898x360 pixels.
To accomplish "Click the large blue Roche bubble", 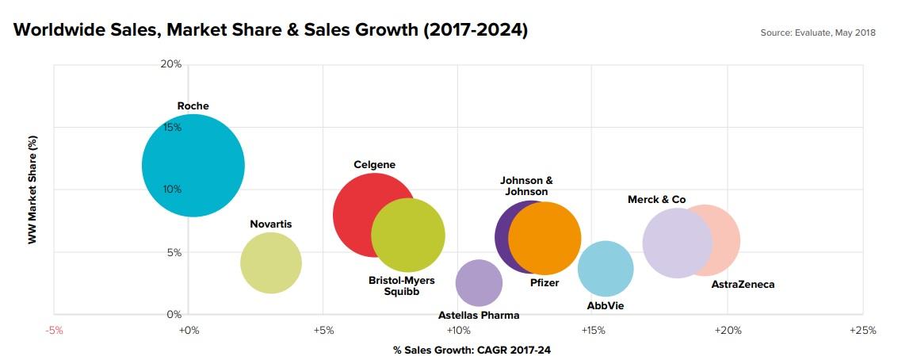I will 193,165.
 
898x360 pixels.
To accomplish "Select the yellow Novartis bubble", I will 270,263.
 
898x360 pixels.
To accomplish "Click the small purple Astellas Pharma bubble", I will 479,282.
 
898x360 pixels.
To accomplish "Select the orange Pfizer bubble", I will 545,238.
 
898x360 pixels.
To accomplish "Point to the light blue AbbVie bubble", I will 606,269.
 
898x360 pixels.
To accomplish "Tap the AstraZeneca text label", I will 743,284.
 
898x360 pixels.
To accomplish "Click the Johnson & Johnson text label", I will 526,186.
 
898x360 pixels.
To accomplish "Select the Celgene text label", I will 374,165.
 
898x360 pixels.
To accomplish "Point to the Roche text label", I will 193,105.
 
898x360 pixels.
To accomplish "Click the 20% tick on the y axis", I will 171,63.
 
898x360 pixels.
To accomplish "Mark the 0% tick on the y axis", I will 173,315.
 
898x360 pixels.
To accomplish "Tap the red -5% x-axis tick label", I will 54,330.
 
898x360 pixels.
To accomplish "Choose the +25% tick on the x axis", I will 862,330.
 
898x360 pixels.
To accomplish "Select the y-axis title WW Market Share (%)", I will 32,189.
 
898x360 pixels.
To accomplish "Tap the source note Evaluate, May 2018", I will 817,33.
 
